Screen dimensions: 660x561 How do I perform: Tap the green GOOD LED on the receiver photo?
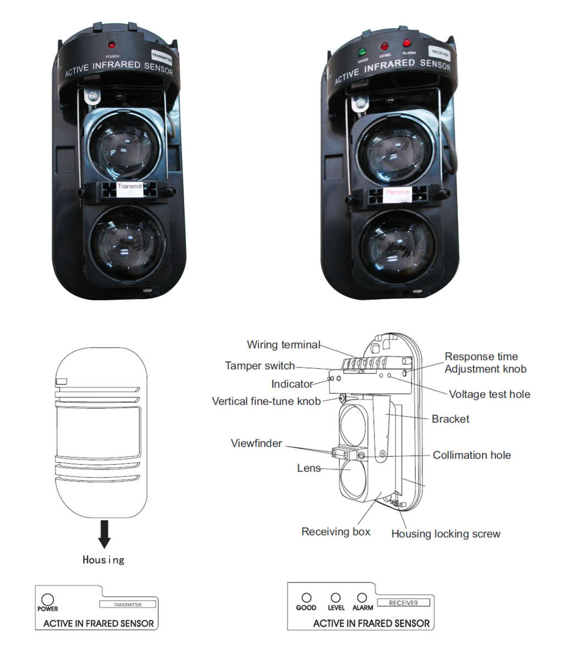362,52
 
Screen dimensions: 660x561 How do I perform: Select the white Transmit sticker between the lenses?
130,186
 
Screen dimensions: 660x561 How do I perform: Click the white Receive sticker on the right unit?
397,193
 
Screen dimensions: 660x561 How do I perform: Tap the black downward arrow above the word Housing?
103,533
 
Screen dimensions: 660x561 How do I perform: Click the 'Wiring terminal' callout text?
283,345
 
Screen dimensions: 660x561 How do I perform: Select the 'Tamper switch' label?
260,366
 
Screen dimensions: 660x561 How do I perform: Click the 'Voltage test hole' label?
490,394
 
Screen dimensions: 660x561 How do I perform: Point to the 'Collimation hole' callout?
471,455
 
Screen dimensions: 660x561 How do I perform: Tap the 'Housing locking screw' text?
446,533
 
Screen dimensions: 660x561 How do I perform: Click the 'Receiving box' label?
335,532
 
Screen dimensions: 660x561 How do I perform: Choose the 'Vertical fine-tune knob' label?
266,401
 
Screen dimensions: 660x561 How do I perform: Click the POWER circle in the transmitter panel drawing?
47,599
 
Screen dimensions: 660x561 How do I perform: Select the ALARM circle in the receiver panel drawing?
362,598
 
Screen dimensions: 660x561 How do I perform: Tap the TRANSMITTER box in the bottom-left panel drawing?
127,604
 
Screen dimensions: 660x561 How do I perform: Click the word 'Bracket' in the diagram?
450,419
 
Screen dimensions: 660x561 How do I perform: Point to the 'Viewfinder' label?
256,443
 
